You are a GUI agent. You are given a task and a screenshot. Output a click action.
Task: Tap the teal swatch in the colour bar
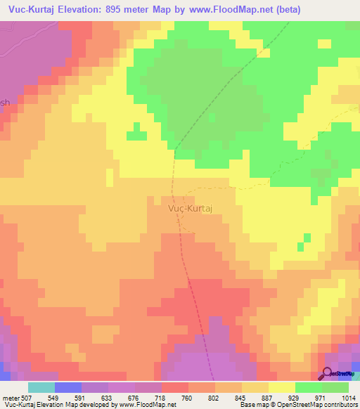point(41,387)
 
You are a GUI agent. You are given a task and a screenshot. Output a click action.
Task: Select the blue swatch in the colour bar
point(68,387)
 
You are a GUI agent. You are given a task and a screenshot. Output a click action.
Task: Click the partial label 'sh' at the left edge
point(5,102)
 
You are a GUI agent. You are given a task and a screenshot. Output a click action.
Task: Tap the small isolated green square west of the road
point(134,135)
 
